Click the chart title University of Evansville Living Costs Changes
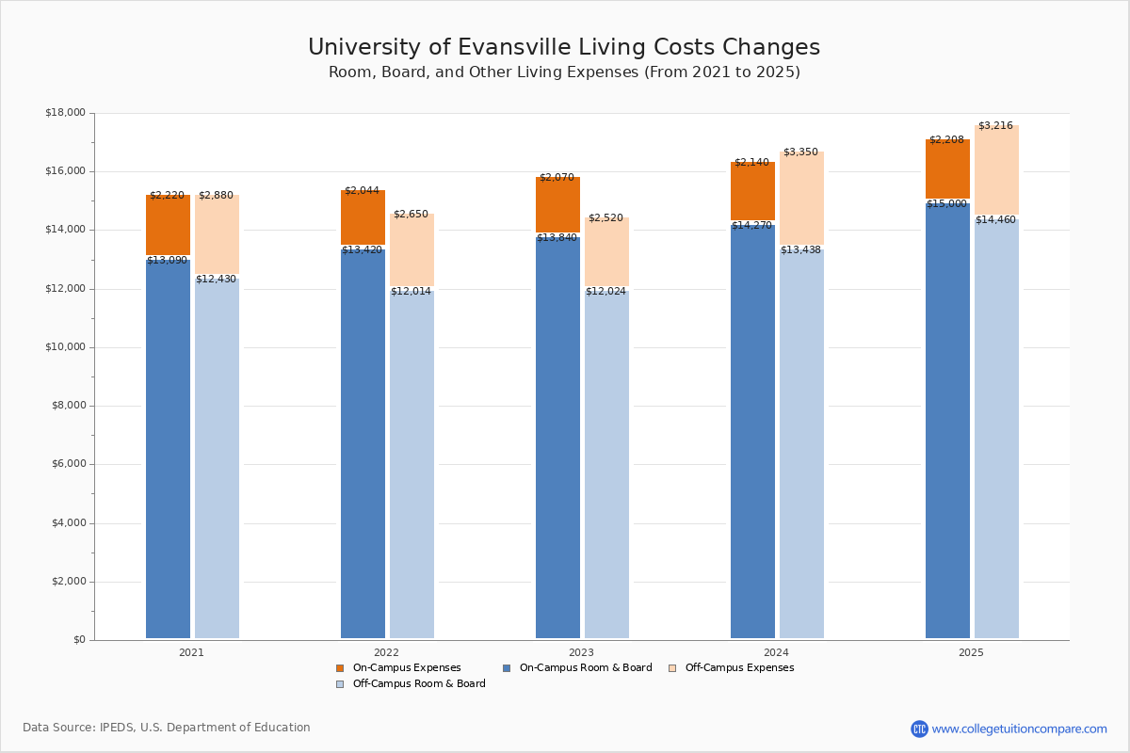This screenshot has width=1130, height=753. tap(563, 48)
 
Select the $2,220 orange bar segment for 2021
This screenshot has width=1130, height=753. tap(168, 226)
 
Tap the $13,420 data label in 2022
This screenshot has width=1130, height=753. tap(362, 250)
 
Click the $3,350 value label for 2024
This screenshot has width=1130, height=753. tap(800, 152)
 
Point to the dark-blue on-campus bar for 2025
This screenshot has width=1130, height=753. tap(947, 424)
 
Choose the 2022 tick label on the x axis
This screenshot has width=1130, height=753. tap(386, 652)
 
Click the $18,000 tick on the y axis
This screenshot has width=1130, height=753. tap(65, 113)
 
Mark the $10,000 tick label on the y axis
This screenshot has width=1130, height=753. tap(65, 347)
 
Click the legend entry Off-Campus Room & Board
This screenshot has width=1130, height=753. tap(418, 684)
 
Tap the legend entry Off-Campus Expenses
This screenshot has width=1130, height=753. tap(739, 668)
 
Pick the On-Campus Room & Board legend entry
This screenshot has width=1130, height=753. tap(585, 668)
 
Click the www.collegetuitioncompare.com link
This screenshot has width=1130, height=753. tap(1019, 729)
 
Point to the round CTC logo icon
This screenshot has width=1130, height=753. tap(919, 729)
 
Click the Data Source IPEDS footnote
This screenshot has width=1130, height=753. tap(167, 728)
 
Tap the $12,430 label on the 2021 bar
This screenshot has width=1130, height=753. tap(216, 280)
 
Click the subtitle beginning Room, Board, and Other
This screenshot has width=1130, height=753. tap(564, 72)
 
